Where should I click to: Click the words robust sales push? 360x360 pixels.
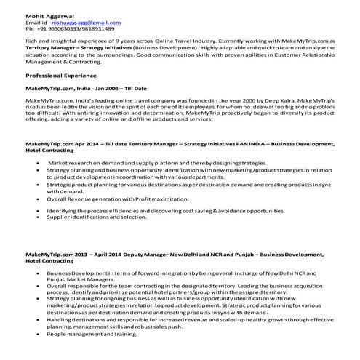tap(173, 328)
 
